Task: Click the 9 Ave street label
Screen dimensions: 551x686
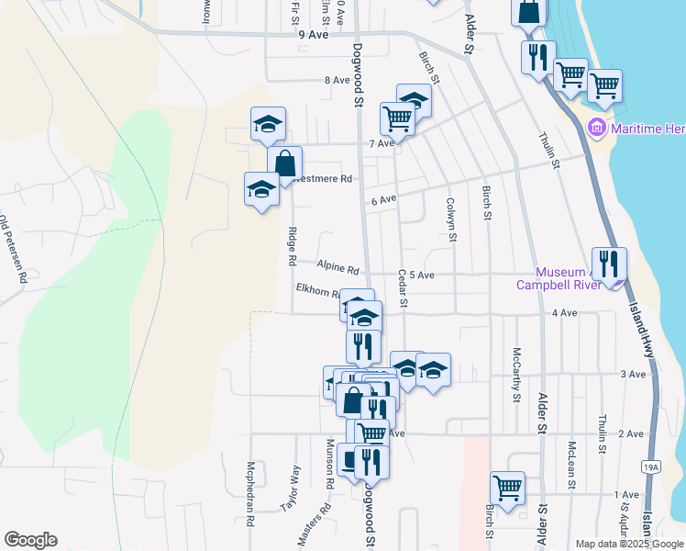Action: click(x=313, y=34)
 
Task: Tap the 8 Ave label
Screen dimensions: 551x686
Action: click(x=337, y=80)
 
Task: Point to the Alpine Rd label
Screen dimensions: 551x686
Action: click(x=337, y=267)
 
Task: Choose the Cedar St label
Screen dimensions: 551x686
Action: click(x=403, y=288)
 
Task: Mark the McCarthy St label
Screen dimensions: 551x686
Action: click(x=517, y=375)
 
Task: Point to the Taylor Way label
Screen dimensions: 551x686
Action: click(x=295, y=486)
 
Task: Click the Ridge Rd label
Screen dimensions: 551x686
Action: click(x=292, y=246)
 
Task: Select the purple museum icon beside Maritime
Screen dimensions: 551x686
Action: click(x=597, y=128)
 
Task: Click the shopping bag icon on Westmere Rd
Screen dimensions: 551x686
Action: click(x=285, y=164)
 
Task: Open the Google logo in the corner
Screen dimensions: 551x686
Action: click(x=30, y=540)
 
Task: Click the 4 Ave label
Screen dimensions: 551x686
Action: click(x=564, y=313)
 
